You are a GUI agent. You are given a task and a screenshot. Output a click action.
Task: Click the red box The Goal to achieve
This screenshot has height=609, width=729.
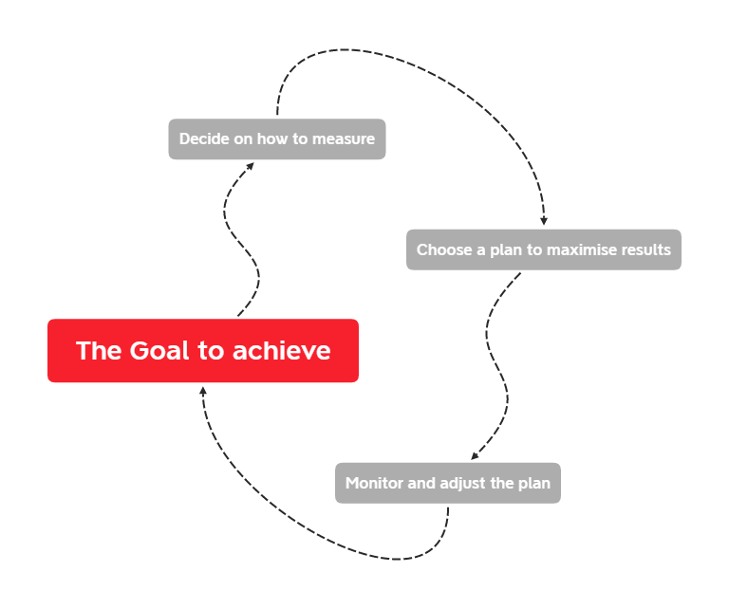click(x=203, y=351)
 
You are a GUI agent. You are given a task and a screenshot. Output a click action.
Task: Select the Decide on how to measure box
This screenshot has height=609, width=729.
click(x=277, y=138)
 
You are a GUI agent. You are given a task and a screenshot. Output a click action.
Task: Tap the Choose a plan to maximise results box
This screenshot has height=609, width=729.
click(x=544, y=249)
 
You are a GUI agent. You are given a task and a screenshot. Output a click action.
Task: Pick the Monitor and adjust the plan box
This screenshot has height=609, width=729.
click(x=448, y=483)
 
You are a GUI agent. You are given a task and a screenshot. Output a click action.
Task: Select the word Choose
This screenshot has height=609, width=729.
click(x=444, y=250)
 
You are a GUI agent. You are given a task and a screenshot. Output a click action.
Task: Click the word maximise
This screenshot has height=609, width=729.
click(x=582, y=250)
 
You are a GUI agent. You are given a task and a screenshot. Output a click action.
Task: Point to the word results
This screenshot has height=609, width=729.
click(x=645, y=250)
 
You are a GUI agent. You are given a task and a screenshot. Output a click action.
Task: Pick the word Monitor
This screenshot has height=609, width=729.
click(x=374, y=484)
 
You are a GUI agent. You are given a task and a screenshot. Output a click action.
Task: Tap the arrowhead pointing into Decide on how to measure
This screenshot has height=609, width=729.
click(x=250, y=165)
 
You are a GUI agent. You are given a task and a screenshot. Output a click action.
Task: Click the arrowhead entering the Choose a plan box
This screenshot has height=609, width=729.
click(x=544, y=222)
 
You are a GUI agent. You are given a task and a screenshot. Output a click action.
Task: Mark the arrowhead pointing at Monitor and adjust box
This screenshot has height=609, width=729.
click(x=476, y=456)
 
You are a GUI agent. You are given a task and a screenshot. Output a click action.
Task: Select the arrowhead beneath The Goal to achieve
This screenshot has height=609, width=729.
click(x=203, y=390)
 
